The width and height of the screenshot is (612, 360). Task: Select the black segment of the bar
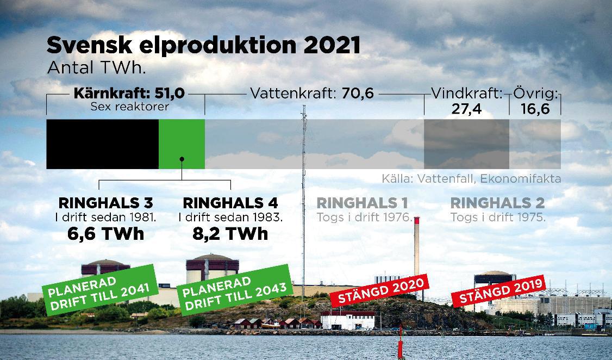(102, 144)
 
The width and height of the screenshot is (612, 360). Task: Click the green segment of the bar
(182, 144)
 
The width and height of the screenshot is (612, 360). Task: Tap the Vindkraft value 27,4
(466, 108)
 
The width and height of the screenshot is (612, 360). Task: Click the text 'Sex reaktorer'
(129, 107)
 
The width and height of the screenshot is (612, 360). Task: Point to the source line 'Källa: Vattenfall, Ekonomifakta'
(471, 178)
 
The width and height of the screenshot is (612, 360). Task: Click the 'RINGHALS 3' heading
(105, 203)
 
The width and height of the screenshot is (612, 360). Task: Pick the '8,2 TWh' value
(230, 234)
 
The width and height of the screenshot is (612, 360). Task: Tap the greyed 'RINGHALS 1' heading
(362, 203)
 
